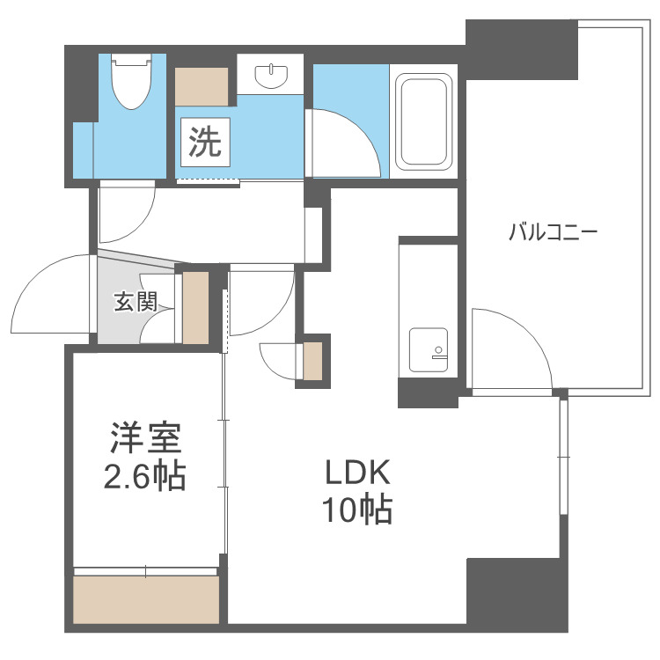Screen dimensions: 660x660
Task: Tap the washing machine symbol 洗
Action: [206, 141]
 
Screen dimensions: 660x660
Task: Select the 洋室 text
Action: [145, 437]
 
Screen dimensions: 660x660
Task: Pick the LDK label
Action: [357, 473]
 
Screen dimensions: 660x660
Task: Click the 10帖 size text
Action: [357, 510]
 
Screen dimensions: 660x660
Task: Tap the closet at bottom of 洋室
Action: [146, 600]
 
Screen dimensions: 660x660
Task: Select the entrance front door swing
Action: [48, 295]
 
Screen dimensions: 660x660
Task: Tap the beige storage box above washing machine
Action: [202, 86]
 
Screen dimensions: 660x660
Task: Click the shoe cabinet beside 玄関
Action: [195, 308]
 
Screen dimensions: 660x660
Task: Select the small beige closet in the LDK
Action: [312, 360]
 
